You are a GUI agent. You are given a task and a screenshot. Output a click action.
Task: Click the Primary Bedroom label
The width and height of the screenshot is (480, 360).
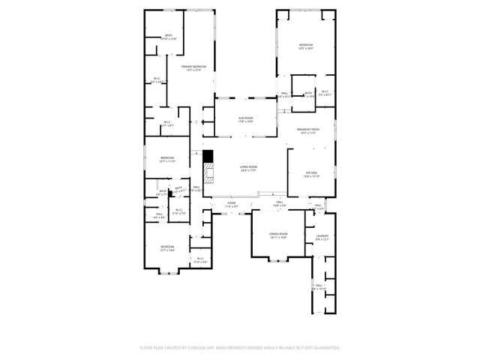[193, 67]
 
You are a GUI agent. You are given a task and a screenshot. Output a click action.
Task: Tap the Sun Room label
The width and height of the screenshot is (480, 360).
[245, 118]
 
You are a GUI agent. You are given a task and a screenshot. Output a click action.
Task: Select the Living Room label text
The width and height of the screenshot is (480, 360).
[249, 167]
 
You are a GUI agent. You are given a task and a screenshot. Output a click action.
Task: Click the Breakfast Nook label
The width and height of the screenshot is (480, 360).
[307, 129]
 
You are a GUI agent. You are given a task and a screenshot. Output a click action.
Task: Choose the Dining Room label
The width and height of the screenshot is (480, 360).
[279, 235]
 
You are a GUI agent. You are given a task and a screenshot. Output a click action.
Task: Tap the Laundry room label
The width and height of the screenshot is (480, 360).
[322, 237]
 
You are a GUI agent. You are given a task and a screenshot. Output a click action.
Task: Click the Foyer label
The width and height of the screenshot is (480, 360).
[232, 202]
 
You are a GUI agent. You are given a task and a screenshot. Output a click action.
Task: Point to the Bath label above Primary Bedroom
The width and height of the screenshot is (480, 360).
[169, 36]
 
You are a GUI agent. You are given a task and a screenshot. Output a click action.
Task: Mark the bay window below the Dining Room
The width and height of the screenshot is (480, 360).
[278, 261]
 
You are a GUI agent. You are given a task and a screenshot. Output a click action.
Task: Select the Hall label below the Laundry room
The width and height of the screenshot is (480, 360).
[319, 286]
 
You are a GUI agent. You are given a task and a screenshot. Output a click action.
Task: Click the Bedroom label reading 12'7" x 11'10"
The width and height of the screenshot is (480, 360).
[166, 158]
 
